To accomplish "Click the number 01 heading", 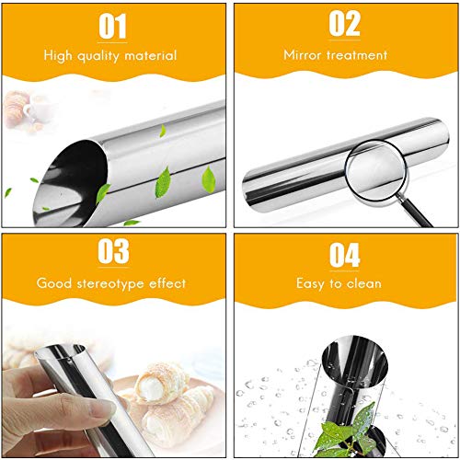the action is tap(112, 26).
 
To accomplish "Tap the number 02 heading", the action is tap(344, 23).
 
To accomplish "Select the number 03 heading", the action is tap(113, 251).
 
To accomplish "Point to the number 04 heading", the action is tap(344, 255).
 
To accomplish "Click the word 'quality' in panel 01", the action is tap(98, 56).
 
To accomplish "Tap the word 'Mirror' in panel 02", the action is tap(303, 55).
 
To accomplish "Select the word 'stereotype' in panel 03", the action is tap(111, 283).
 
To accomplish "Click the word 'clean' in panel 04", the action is tap(364, 283).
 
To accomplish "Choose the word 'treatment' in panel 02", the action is tap(357, 55).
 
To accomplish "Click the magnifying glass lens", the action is tap(376, 170).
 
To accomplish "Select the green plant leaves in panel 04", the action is tap(350, 431).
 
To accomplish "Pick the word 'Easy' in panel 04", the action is tap(310, 283).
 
